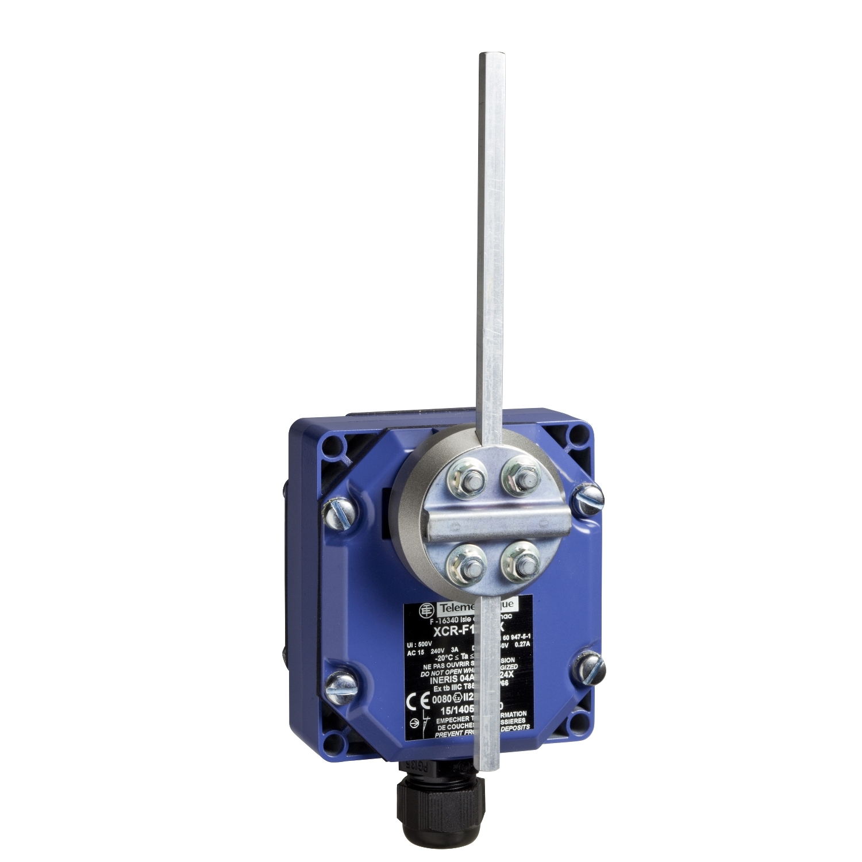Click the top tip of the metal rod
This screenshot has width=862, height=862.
[x=487, y=55]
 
